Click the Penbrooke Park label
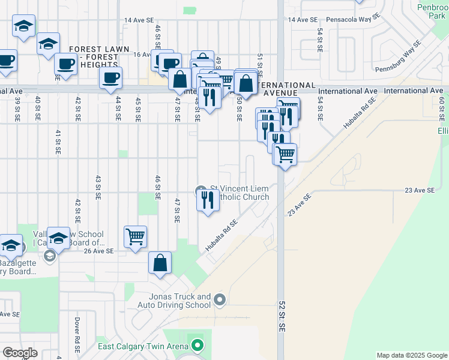[432, 11]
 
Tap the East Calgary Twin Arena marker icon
[197, 345]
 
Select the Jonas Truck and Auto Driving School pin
[220, 299]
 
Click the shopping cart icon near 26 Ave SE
[136, 236]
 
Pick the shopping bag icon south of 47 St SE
[160, 262]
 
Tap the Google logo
[20, 353]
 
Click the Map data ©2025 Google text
[411, 355]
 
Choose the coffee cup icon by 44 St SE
[110, 77]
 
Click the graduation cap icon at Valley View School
[59, 238]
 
